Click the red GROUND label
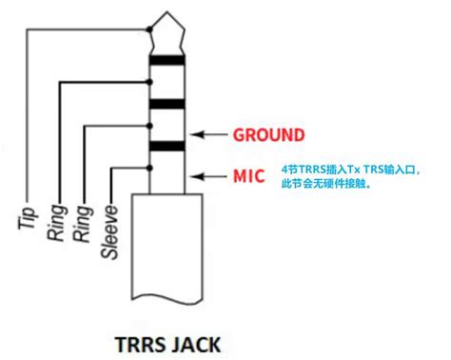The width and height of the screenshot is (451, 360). (x=269, y=134)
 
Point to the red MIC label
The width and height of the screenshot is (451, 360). (x=250, y=176)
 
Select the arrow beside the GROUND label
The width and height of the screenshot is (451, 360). (x=208, y=134)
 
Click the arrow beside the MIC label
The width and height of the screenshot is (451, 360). (x=208, y=176)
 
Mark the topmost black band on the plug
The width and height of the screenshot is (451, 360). (x=168, y=62)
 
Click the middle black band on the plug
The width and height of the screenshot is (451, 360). (x=168, y=104)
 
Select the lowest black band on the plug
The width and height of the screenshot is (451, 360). (x=168, y=146)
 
